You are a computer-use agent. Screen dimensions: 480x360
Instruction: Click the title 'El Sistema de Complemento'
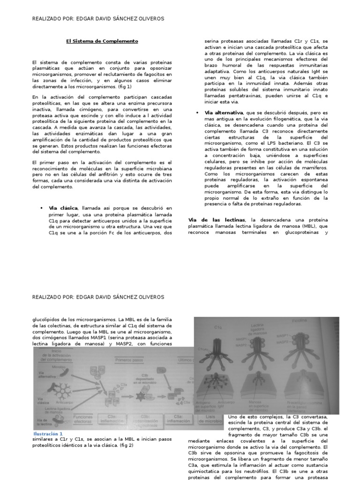click(102, 41)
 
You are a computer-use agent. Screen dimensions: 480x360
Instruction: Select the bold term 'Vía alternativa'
click(224, 112)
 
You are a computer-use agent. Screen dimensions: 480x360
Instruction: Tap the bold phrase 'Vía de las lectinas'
click(216, 219)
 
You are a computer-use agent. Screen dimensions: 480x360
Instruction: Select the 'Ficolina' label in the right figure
click(296, 321)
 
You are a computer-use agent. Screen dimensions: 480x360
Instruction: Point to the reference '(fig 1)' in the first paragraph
click(124, 87)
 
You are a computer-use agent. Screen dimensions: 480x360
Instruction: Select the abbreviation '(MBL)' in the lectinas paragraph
click(307, 225)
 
